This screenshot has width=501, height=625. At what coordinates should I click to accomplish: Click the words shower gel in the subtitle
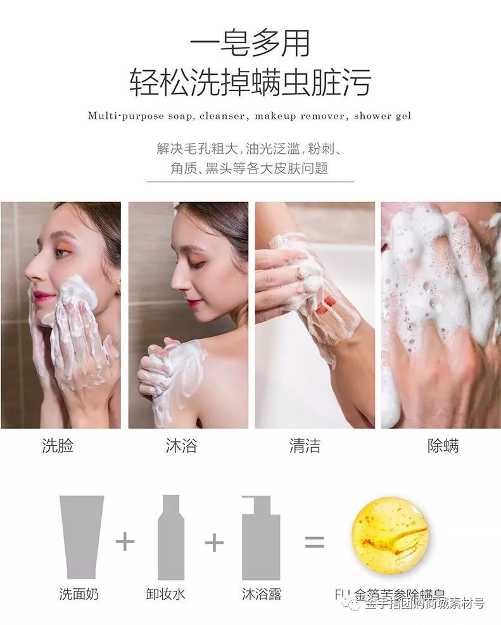coord(383,116)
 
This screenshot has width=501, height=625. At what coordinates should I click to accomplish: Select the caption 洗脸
coord(58,446)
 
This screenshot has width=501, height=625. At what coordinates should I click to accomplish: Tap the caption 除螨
coord(443,446)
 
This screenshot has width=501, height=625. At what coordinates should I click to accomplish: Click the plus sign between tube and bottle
coord(125,542)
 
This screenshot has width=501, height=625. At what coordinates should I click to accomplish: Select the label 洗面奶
coord(79,594)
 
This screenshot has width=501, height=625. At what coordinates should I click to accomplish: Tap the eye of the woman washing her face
coord(61,252)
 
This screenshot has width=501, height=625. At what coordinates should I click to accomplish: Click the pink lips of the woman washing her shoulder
coord(194,303)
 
